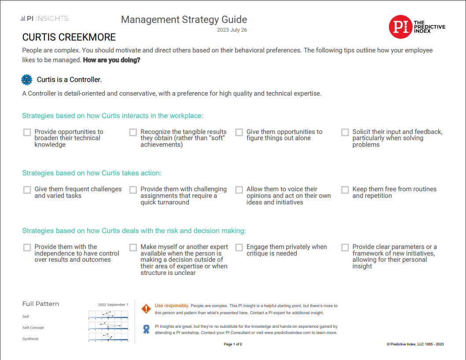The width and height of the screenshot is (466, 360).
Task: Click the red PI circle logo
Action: (x=400, y=27)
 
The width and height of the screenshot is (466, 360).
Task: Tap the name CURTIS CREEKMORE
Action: (x=69, y=37)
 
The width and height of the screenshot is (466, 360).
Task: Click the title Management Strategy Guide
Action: (x=184, y=20)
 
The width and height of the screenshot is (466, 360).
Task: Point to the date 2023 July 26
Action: (x=232, y=30)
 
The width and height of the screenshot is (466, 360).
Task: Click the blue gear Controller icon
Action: (x=27, y=80)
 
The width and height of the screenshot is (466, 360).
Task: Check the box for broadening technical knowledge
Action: (x=27, y=132)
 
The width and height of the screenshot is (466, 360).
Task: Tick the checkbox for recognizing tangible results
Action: (x=133, y=132)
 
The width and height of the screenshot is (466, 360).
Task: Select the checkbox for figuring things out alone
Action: (x=239, y=132)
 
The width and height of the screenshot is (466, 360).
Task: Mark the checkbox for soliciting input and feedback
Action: (x=345, y=132)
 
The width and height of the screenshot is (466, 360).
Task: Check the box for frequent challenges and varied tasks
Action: (x=27, y=190)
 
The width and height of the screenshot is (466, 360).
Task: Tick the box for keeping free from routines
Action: (x=345, y=190)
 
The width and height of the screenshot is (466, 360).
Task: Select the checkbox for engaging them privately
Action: (x=239, y=248)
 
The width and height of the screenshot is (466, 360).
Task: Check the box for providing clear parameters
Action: (x=345, y=248)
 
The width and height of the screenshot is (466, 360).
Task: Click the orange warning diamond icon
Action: (x=146, y=309)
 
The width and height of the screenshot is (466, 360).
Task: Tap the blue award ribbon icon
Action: (x=146, y=329)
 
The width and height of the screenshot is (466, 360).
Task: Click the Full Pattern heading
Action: (x=41, y=304)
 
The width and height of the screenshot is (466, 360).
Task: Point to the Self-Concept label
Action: (x=33, y=328)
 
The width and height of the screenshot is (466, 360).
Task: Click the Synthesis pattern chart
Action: (x=108, y=337)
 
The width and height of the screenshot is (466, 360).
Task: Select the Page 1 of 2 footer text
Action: (x=233, y=344)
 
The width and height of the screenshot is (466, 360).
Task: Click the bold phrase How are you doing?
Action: (x=111, y=60)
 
